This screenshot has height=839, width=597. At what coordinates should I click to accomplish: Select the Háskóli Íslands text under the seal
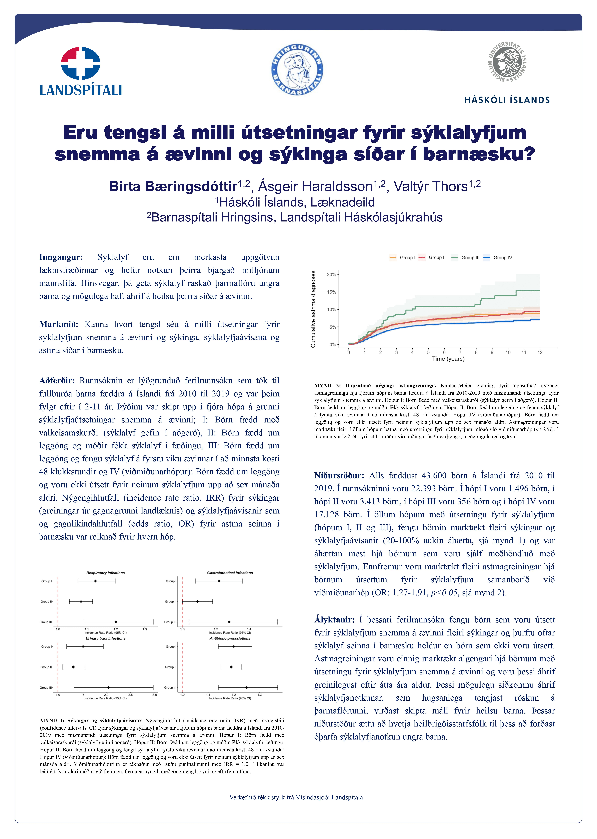tap(507, 100)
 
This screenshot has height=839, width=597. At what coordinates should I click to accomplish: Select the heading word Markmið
tap(59, 324)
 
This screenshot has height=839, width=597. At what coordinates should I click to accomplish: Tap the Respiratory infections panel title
tap(106, 573)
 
